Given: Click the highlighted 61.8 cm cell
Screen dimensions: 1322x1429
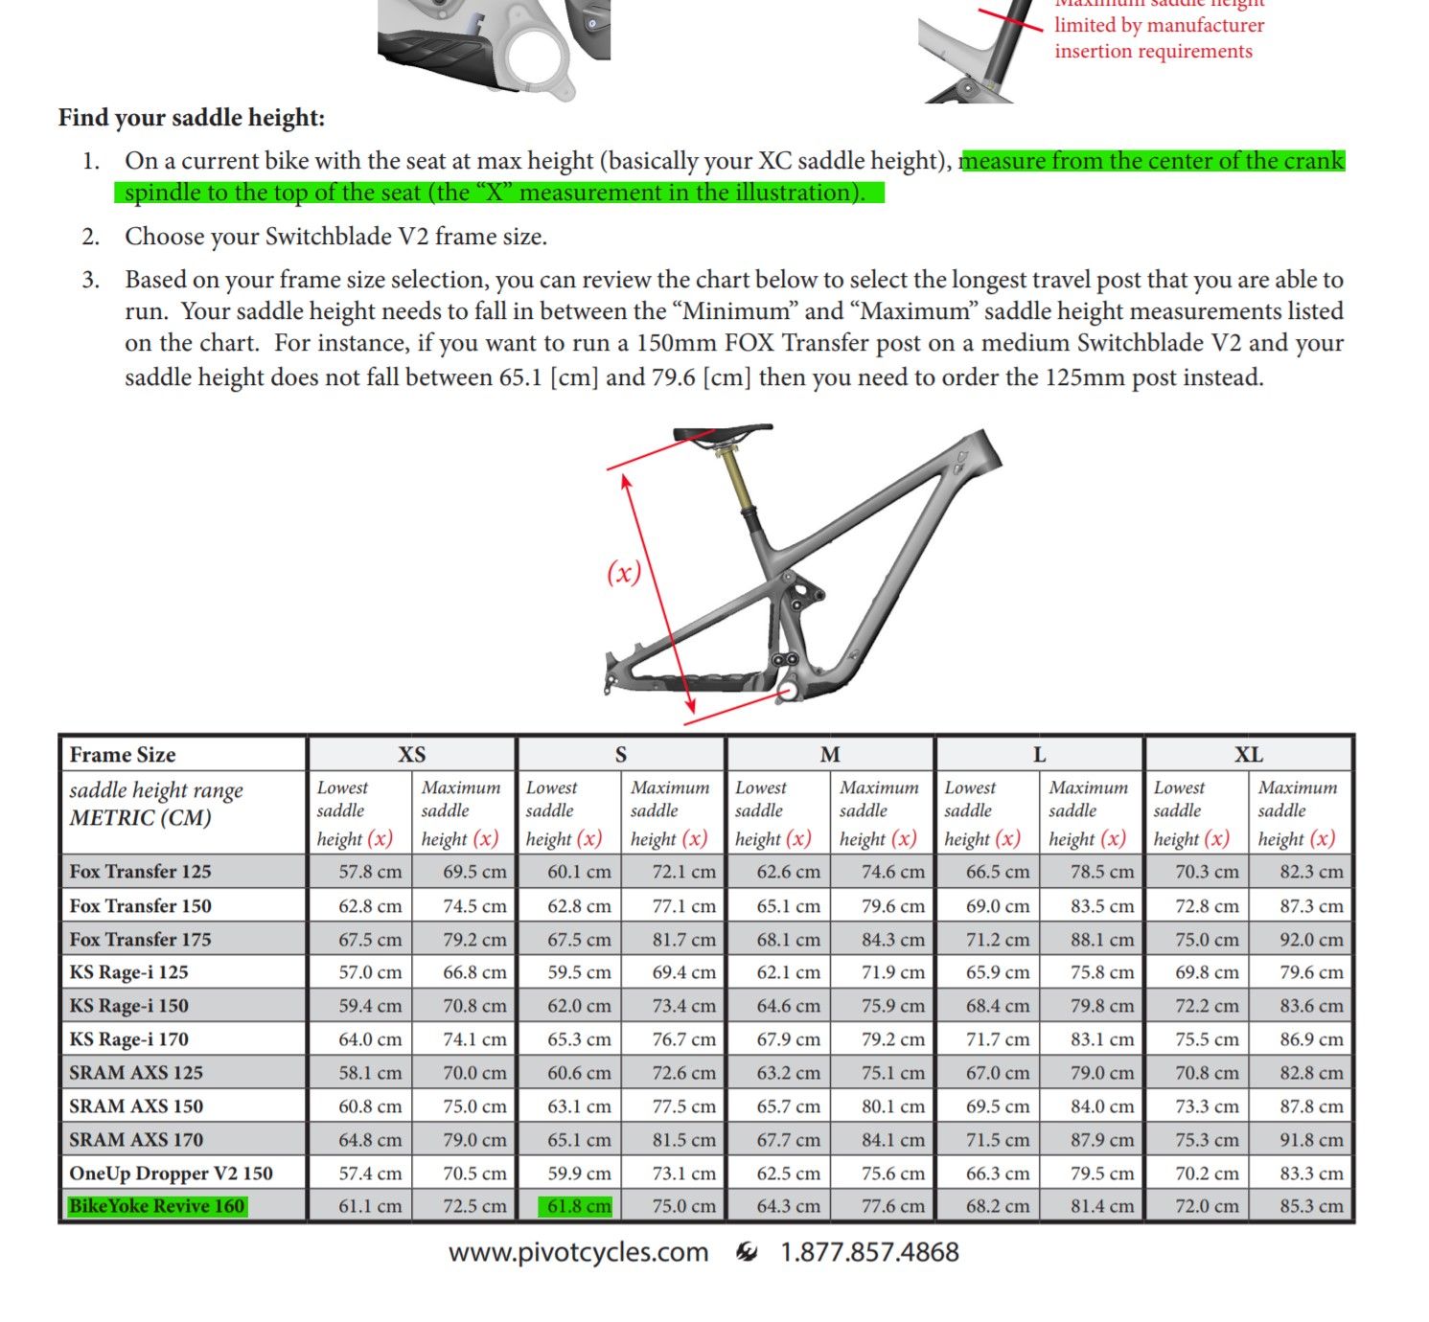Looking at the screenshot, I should [x=578, y=1206].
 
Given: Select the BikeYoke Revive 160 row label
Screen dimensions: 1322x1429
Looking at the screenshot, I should [x=157, y=1206].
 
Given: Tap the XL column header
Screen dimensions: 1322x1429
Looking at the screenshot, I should [x=1248, y=755].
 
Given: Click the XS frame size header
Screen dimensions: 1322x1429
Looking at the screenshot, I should [x=411, y=755].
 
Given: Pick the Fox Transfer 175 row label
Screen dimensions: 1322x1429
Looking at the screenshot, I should [x=140, y=940].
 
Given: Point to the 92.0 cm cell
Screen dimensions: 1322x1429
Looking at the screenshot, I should [x=1310, y=940].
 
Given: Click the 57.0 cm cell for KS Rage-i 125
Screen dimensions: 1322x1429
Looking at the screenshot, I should [x=369, y=972].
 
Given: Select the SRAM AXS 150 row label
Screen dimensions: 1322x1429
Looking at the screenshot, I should [x=136, y=1106].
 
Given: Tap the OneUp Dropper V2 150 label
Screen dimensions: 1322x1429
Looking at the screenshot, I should [x=171, y=1174].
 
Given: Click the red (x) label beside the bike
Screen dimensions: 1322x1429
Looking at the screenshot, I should [x=624, y=573].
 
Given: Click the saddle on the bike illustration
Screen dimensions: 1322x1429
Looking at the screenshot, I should [x=723, y=432].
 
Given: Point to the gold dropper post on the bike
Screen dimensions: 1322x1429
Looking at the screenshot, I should [x=738, y=480].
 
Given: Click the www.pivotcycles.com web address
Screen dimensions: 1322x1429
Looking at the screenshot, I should [x=578, y=1252].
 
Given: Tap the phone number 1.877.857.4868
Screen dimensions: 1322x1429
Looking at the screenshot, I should [x=869, y=1252].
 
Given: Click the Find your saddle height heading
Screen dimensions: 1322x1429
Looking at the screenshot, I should [x=192, y=118].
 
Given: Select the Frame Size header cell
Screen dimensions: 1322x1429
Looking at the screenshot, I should [x=123, y=755].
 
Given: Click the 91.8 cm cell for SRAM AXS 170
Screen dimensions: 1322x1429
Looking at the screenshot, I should [x=1310, y=1140].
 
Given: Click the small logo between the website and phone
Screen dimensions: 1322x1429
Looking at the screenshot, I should [x=746, y=1252].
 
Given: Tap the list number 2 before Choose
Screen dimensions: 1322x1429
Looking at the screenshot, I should [x=91, y=237].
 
